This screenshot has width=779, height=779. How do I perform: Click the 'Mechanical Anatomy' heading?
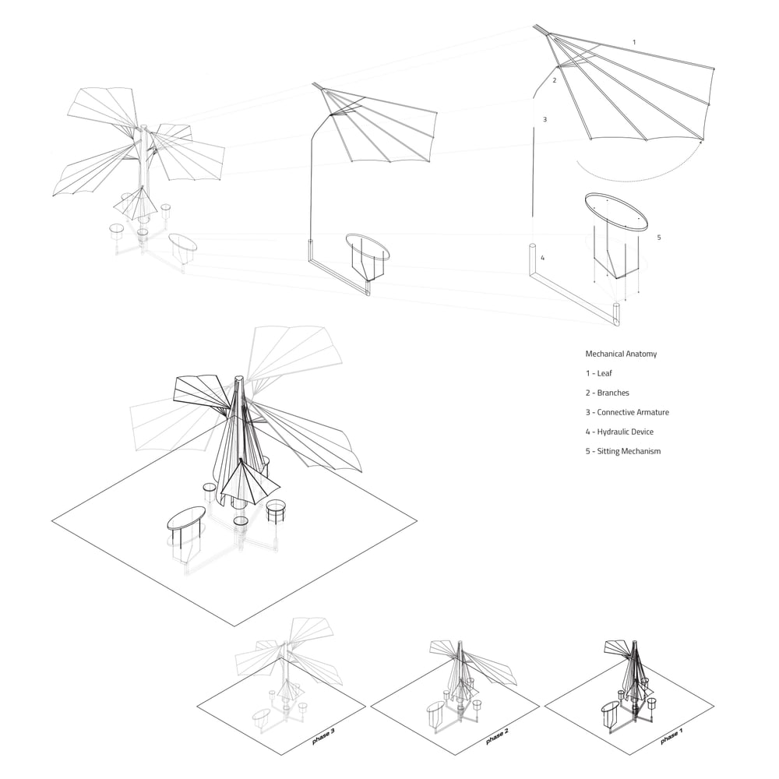621,354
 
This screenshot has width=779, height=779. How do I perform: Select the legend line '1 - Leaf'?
599,373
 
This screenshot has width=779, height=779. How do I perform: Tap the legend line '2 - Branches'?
608,393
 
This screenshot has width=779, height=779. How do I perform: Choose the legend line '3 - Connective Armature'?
627,412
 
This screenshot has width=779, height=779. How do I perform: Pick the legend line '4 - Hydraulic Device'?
619,432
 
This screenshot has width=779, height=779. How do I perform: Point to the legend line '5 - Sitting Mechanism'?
623,451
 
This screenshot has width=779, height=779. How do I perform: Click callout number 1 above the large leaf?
634,41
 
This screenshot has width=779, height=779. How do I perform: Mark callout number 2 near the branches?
555,80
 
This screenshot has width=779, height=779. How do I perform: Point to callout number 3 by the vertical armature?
545,119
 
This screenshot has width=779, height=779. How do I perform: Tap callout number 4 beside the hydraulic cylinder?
543,257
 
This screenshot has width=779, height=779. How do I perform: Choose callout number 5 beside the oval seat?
659,237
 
